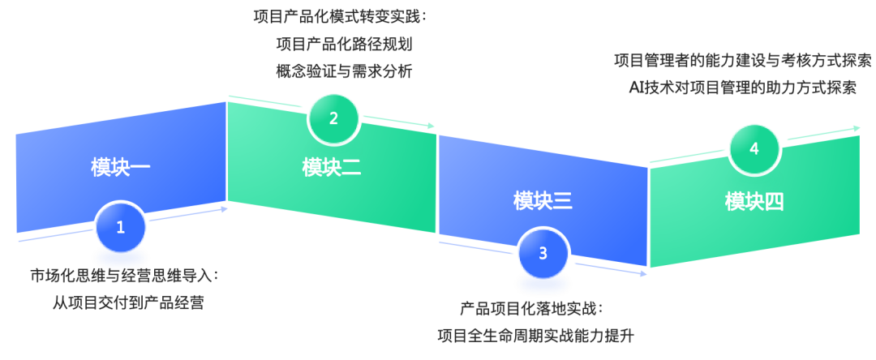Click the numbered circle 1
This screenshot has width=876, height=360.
pos(120,227)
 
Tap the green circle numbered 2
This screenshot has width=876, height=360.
pos(333,118)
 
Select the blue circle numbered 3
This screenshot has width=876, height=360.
pos(543,253)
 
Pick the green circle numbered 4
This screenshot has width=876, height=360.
pos(754,148)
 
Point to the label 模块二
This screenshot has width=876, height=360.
pos(332,168)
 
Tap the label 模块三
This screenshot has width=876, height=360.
pos(543,200)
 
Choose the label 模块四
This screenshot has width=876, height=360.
pos(754,201)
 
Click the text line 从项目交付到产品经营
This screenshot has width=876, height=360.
pos(127,303)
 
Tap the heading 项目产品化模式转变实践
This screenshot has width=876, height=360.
pos(340,16)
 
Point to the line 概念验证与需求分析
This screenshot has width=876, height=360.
pos(344,71)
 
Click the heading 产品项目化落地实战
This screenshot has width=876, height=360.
pos(532,308)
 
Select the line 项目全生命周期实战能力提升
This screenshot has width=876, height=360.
pos(535,335)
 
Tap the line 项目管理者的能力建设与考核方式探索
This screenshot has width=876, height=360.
pos(742,61)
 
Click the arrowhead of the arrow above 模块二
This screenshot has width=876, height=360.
pos(432,126)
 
